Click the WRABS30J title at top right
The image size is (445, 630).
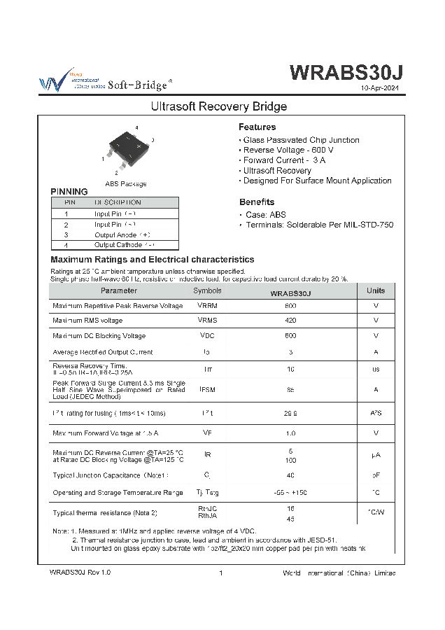346,73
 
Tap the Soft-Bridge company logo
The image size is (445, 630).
105,81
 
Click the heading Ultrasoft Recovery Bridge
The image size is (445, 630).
219,107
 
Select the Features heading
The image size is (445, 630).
257,127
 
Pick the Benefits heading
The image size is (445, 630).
256,202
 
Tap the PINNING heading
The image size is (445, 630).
69,192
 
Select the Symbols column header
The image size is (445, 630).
207,290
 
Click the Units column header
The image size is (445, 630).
376,290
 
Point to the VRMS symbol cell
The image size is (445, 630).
207,320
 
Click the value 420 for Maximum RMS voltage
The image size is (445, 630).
290,320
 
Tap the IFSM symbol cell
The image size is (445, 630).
207,389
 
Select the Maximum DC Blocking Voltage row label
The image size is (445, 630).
99,336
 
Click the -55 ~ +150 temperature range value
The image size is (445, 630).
290,493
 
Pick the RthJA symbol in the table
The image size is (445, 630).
207,517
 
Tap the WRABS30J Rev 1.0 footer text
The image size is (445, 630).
80,573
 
